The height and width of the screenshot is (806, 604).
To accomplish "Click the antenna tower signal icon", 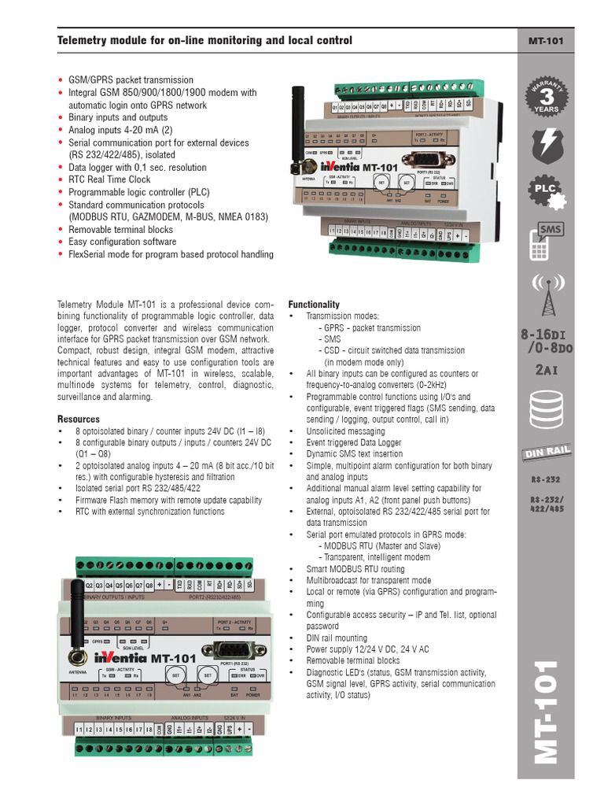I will pos(545,295).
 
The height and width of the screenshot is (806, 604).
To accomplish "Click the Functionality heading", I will pos(314,305).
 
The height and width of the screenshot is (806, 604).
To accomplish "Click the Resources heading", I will pos(79,420).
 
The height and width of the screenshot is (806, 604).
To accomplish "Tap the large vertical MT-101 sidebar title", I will pos(545,712).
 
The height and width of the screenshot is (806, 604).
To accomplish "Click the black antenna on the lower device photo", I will pos(77,622).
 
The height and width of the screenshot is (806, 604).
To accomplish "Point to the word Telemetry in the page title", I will pos(81,41).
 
